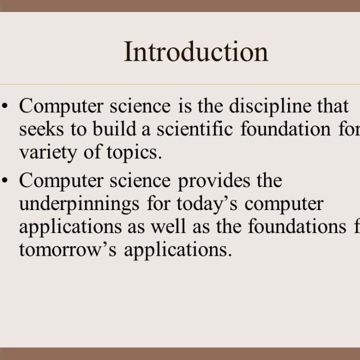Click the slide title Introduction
tap(196, 52)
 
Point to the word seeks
tap(38, 130)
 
